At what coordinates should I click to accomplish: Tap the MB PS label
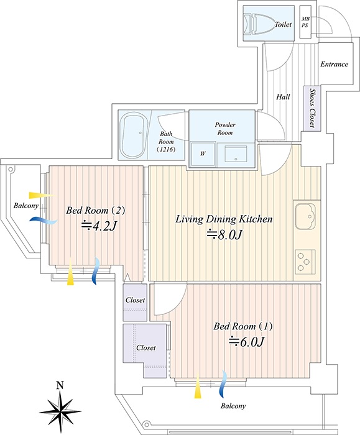[x=305, y=22]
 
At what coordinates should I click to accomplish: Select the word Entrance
[x=334, y=64]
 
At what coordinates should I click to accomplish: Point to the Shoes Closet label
[x=312, y=108]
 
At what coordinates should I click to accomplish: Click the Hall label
[x=283, y=97]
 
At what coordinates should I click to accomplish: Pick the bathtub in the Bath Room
[x=134, y=135]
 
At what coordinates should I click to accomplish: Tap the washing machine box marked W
[x=203, y=154]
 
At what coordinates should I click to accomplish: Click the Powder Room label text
[x=225, y=129]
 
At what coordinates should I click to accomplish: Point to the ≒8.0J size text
[x=225, y=235]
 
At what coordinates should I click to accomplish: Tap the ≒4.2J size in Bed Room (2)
[x=98, y=226]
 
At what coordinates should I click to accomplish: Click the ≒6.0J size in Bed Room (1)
[x=246, y=342]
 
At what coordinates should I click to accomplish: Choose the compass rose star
[x=60, y=411]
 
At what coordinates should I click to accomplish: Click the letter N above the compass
[x=60, y=385]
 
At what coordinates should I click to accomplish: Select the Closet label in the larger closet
[x=146, y=347]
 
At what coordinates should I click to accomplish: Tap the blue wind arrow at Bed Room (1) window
[x=223, y=384]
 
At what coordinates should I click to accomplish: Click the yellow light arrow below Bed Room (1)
[x=198, y=386]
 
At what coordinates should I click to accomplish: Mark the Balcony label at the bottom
[x=233, y=406]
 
